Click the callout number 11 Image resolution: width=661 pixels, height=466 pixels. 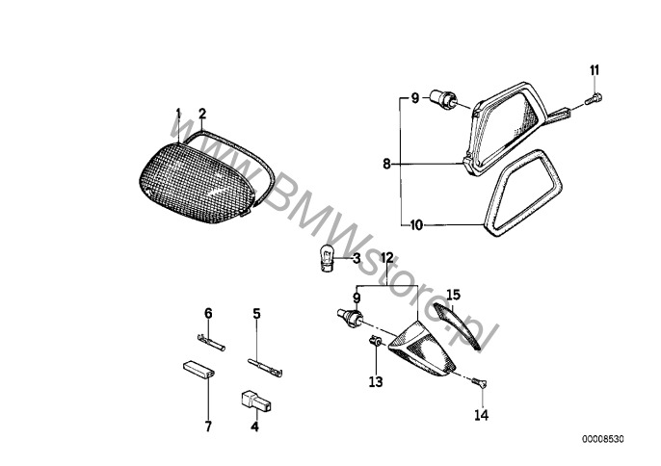[594, 70]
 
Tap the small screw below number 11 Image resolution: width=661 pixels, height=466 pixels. [594, 99]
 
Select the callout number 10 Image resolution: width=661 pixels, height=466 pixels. [416, 225]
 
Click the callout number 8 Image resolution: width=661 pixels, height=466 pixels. [386, 164]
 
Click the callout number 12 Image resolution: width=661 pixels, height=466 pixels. [387, 257]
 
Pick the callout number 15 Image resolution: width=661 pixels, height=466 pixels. [454, 295]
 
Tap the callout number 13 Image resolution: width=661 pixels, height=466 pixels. [376, 381]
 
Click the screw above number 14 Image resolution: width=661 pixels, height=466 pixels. [479, 382]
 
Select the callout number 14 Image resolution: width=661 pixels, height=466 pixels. [481, 415]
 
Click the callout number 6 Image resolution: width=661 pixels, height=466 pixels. [208, 314]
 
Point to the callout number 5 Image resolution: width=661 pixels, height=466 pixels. [256, 314]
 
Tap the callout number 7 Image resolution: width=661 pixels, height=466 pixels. [208, 426]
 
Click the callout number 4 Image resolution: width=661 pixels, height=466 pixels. [254, 426]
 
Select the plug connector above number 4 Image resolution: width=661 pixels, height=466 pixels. [256, 401]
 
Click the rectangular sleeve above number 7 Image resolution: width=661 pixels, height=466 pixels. [198, 369]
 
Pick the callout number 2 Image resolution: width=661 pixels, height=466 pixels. [202, 114]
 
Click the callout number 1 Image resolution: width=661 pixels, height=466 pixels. [178, 114]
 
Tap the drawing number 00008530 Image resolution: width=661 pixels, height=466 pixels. [603, 439]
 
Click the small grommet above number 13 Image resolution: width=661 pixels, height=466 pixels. [375, 341]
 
